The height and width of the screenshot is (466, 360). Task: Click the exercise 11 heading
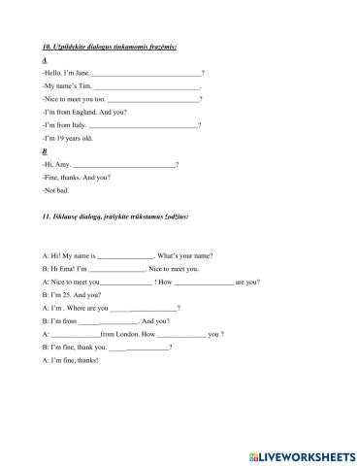click(107, 211)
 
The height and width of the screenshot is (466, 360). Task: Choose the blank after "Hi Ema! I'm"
click(115, 269)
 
